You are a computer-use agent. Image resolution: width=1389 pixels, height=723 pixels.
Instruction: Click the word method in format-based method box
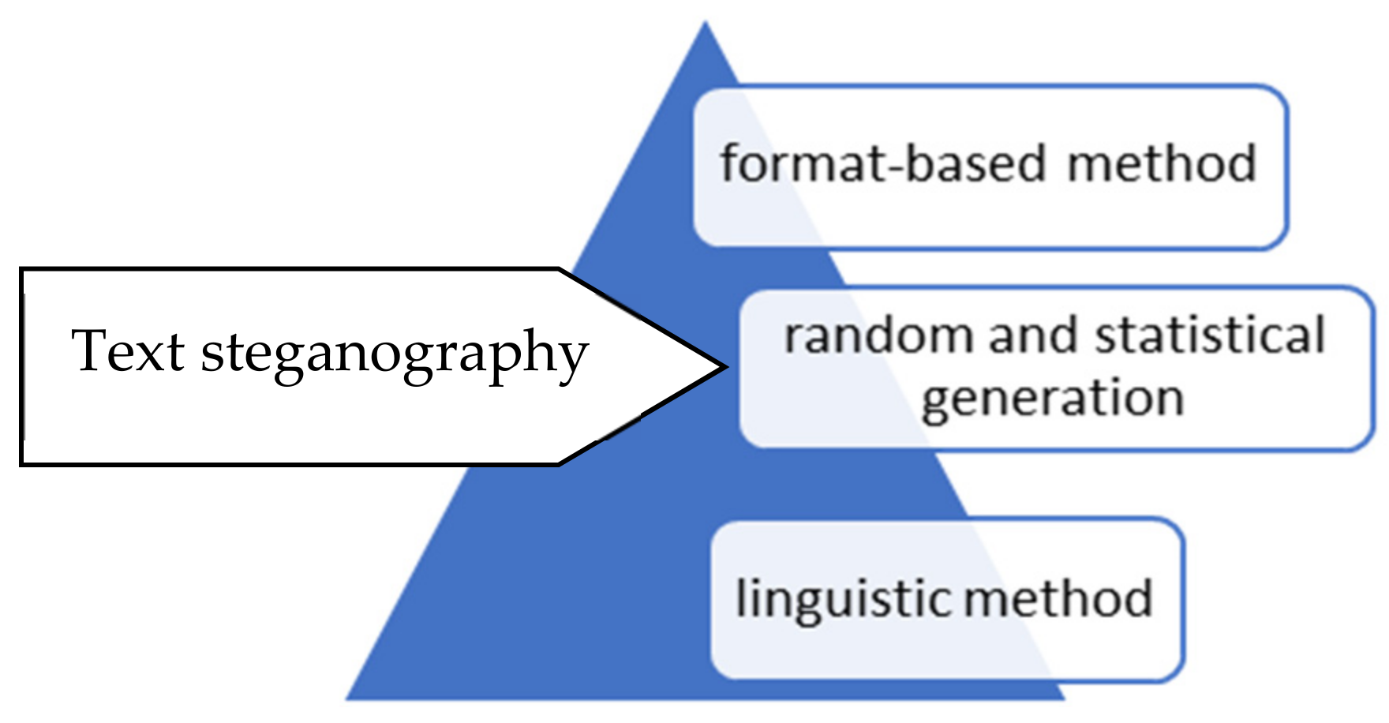pyautogui.click(x=1161, y=164)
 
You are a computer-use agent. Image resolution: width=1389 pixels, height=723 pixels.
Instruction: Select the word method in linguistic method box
pyautogui.click(x=1058, y=598)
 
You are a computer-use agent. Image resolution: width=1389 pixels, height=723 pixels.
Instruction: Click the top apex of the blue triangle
pyautogui.click(x=705, y=23)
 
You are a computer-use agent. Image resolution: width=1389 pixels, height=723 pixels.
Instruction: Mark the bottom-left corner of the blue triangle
pyautogui.click(x=347, y=699)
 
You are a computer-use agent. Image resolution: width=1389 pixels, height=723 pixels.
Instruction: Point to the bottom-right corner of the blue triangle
pyautogui.click(x=1065, y=699)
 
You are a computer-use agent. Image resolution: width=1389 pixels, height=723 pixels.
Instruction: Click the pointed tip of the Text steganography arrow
pyautogui.click(x=724, y=366)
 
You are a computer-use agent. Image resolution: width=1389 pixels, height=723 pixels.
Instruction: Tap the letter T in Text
pyautogui.click(x=89, y=350)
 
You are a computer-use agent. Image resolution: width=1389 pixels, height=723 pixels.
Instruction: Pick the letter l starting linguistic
pyautogui.click(x=740, y=597)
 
